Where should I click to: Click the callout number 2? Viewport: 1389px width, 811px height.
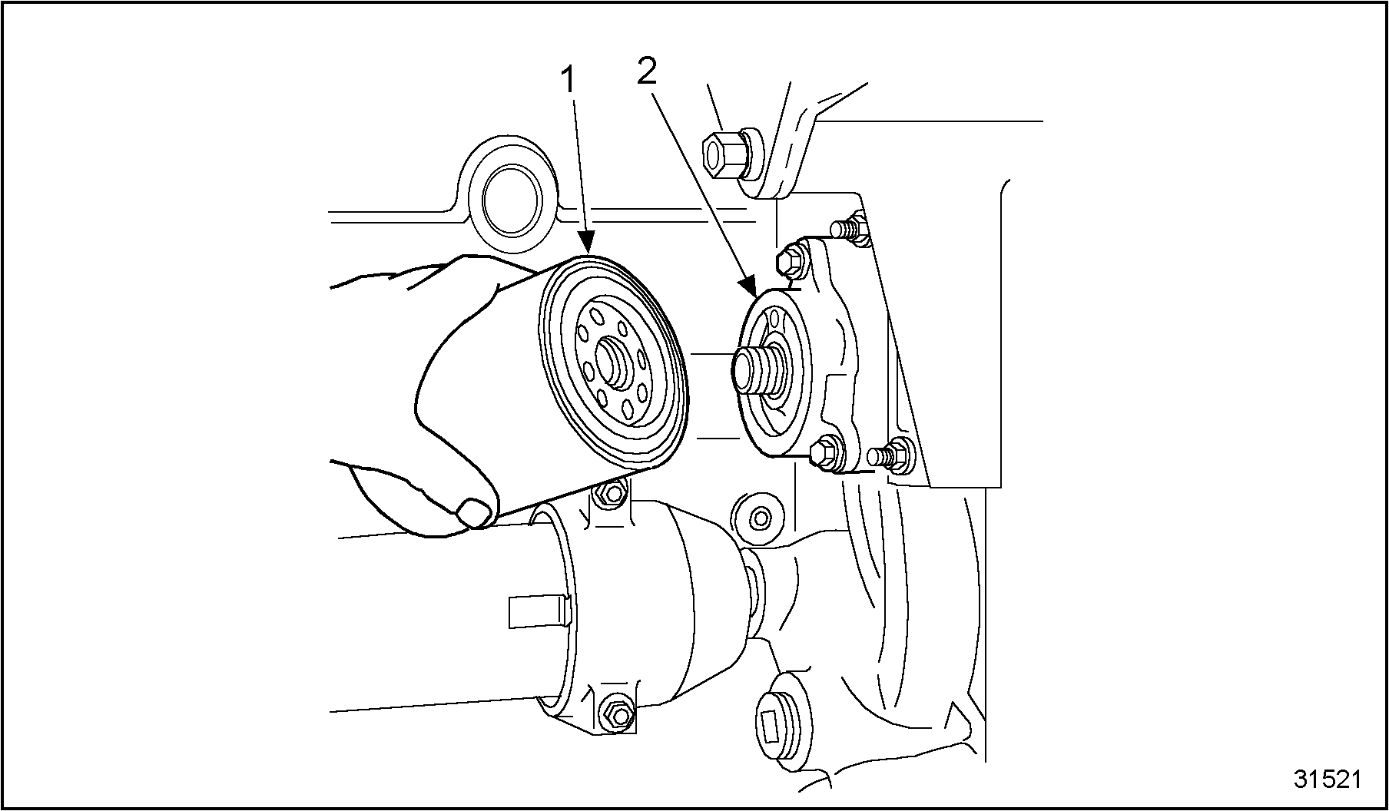point(646,71)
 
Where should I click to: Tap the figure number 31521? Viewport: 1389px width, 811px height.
point(1327,779)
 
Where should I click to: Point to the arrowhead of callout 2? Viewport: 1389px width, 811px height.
point(751,291)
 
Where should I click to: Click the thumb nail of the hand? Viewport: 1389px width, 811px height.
point(475,513)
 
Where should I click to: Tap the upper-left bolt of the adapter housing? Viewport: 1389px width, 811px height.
point(791,261)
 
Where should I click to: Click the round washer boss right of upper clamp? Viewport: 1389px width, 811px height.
point(758,516)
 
